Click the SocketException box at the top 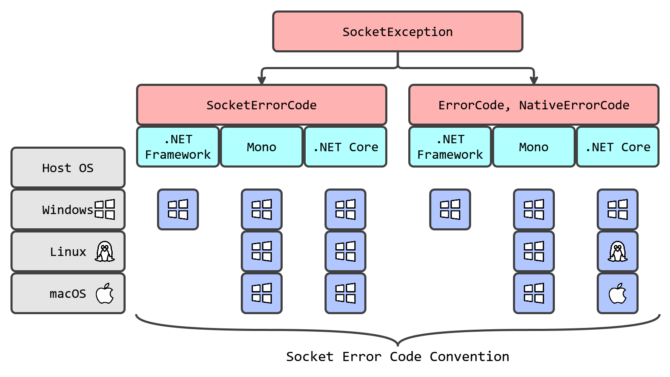397,32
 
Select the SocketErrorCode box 261,105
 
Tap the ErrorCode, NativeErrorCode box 533,105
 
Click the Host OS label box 68,168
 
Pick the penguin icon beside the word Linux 105,251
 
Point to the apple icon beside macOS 105,293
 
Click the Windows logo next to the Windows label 105,209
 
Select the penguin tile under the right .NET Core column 617,251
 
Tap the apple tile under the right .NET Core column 617,293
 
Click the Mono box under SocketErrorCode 261,147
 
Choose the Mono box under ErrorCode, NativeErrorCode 533,147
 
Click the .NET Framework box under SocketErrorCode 178,147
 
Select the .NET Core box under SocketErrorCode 345,147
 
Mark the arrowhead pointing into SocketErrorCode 262,80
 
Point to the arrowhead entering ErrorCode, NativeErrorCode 533,80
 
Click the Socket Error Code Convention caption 397,356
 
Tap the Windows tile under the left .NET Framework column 178,209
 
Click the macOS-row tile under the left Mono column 262,293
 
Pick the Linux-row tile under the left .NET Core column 345,251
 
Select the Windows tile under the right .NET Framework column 450,209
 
